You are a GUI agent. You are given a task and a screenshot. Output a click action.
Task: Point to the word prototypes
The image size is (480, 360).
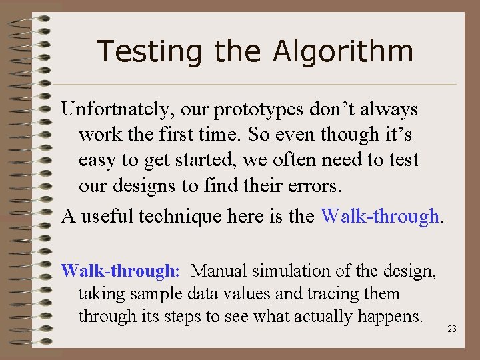click(256, 109)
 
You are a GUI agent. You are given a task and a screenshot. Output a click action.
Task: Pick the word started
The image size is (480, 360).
click(199, 161)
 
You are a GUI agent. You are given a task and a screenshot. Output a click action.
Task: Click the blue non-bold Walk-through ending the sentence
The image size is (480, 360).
click(379, 216)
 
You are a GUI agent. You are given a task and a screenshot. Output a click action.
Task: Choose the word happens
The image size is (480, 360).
click(394, 316)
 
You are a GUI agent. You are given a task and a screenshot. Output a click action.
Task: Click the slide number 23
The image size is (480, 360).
click(452, 329)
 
